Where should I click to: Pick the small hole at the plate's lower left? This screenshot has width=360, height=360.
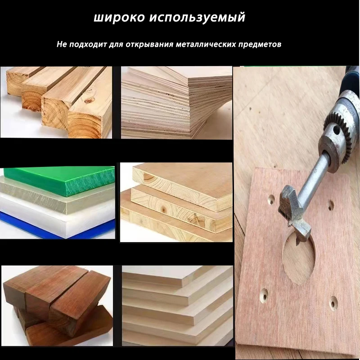(x=263, y=294)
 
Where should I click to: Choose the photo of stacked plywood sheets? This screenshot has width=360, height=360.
(x=176, y=103)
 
